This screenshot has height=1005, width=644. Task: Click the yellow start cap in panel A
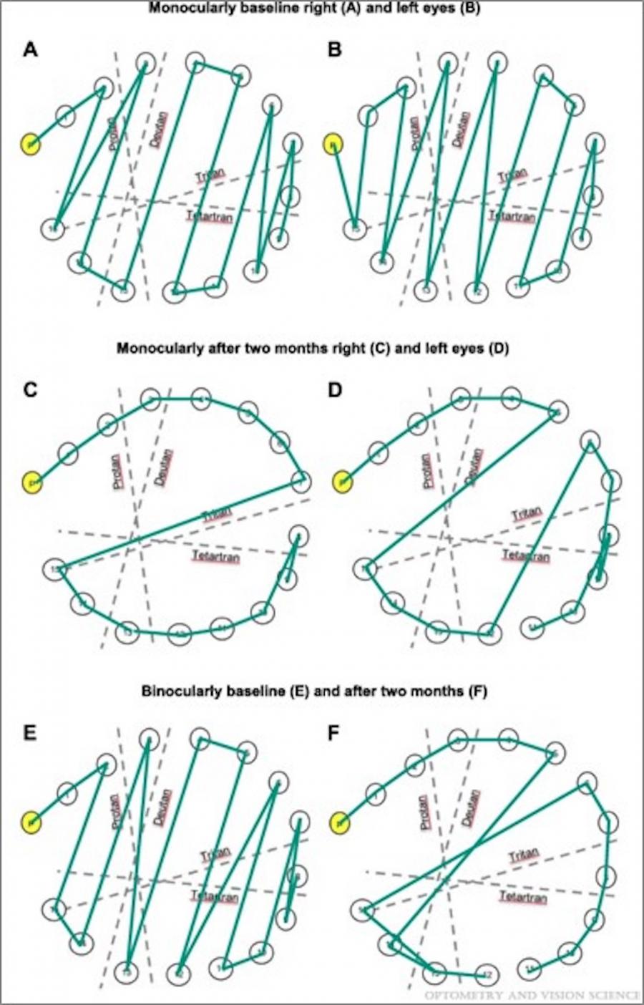point(31,144)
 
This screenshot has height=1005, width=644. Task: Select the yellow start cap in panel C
point(33,483)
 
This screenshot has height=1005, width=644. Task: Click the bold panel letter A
point(30,50)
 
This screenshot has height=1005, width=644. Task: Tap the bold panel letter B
point(333,50)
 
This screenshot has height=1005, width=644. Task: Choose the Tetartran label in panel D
point(526,555)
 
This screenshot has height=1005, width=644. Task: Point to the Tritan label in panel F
point(524,856)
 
